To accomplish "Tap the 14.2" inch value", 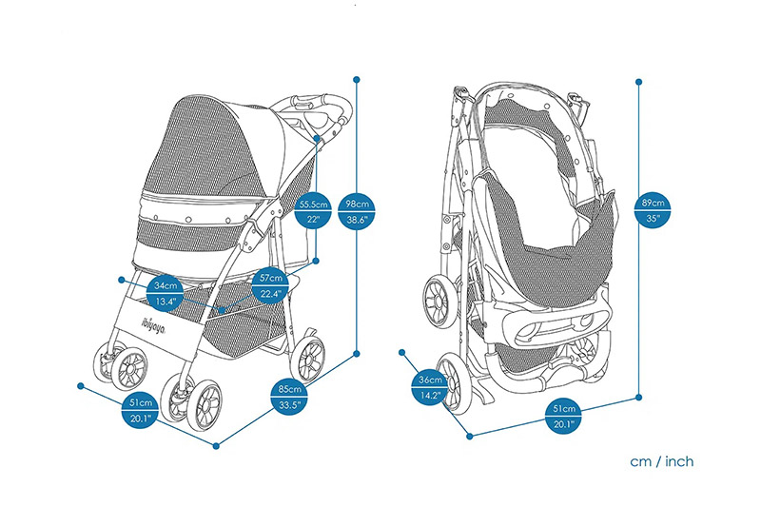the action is [430, 396].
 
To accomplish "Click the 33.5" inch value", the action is [289, 405].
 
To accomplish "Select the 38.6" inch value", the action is [357, 221].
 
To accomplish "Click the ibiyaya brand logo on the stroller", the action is [154, 326].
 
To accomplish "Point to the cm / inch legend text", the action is [661, 461].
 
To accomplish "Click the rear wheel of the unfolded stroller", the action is [308, 358].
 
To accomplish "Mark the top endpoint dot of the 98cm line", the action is [357, 79].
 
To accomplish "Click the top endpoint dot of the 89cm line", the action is [638, 82].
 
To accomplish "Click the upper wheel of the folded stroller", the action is [440, 302].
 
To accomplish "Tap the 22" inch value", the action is [314, 220].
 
